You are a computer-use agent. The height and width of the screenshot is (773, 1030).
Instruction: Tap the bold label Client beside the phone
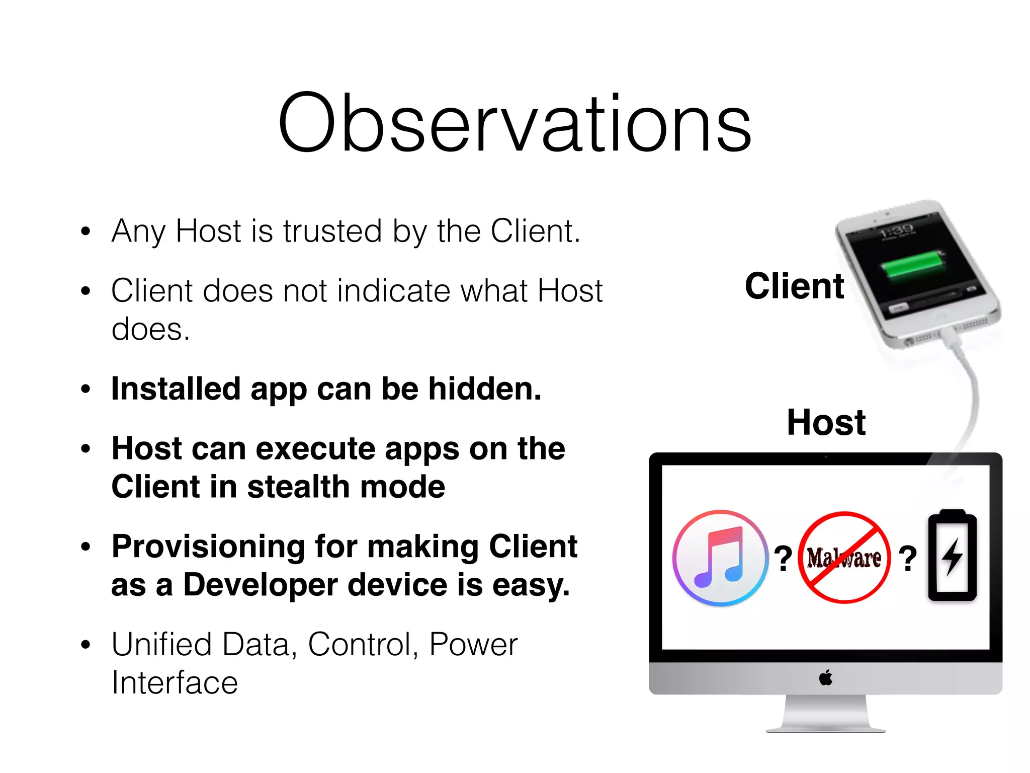(794, 286)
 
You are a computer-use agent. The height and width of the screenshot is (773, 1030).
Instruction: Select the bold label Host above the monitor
(826, 422)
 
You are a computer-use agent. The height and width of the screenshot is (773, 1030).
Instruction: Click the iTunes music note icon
(720, 558)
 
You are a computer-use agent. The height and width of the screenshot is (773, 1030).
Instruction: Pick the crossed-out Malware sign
(844, 558)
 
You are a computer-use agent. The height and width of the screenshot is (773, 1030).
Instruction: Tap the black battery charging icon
(952, 556)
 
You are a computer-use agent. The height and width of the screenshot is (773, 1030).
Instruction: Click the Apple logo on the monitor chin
(825, 678)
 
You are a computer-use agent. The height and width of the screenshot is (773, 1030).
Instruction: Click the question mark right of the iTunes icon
(783, 559)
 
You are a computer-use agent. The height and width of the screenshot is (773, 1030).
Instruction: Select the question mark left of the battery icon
(907, 559)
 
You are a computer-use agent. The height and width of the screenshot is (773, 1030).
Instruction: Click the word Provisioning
(208, 547)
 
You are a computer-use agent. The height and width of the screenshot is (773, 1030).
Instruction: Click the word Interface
(175, 683)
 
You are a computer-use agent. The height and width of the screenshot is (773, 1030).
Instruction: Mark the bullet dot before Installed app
(86, 389)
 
